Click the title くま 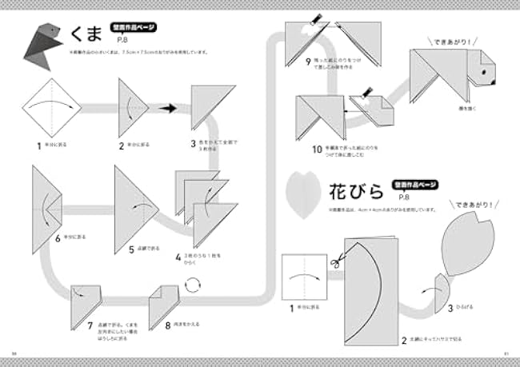tap(87, 33)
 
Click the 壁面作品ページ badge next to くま tap(131, 26)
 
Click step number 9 tap(309, 62)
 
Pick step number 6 tap(58, 237)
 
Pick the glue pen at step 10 tap(368, 96)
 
